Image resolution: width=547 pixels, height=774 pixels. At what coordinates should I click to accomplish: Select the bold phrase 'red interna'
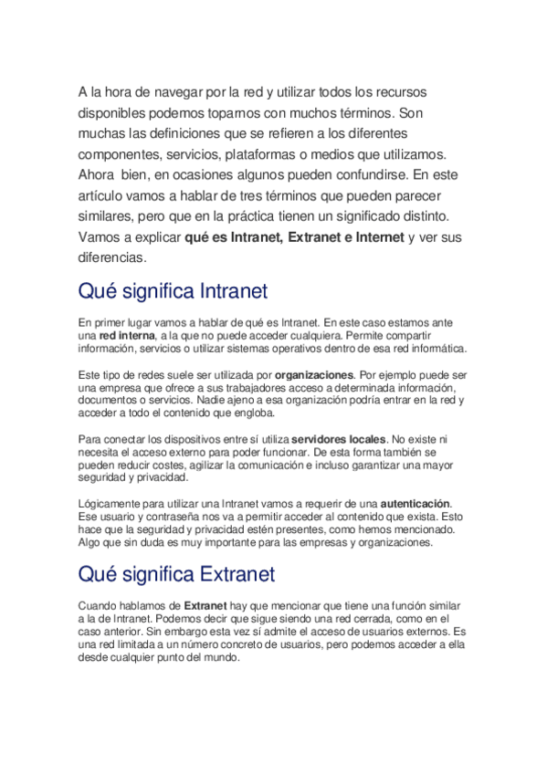(128, 336)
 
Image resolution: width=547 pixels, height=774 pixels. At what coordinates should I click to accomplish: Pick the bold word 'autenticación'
(416, 504)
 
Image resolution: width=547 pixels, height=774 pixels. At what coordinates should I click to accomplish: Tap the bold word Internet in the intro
(373, 237)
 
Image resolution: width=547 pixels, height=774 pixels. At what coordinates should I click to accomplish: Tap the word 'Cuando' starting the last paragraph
(100, 604)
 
